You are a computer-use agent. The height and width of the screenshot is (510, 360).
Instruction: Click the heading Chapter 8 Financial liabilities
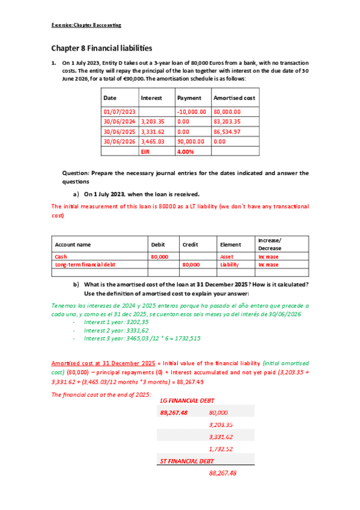click(101, 48)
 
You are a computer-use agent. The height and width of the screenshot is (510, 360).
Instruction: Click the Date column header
click(110, 97)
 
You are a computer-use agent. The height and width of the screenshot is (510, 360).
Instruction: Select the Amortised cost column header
click(234, 97)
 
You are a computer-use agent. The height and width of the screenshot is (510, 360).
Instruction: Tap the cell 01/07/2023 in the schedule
click(120, 111)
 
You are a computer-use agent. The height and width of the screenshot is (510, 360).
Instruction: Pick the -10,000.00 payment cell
click(192, 111)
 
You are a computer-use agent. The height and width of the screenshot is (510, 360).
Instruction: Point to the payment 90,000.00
click(191, 141)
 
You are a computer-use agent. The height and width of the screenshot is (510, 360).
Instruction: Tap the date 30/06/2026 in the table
click(120, 141)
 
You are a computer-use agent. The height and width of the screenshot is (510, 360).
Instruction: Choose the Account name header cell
click(73, 245)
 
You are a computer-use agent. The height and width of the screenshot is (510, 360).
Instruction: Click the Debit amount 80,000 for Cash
click(159, 256)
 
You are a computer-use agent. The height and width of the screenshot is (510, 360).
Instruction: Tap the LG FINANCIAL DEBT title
click(188, 400)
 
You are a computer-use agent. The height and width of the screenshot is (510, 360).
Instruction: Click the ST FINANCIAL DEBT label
click(187, 461)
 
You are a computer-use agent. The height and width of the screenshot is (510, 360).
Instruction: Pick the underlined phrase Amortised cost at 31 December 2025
click(103, 363)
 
